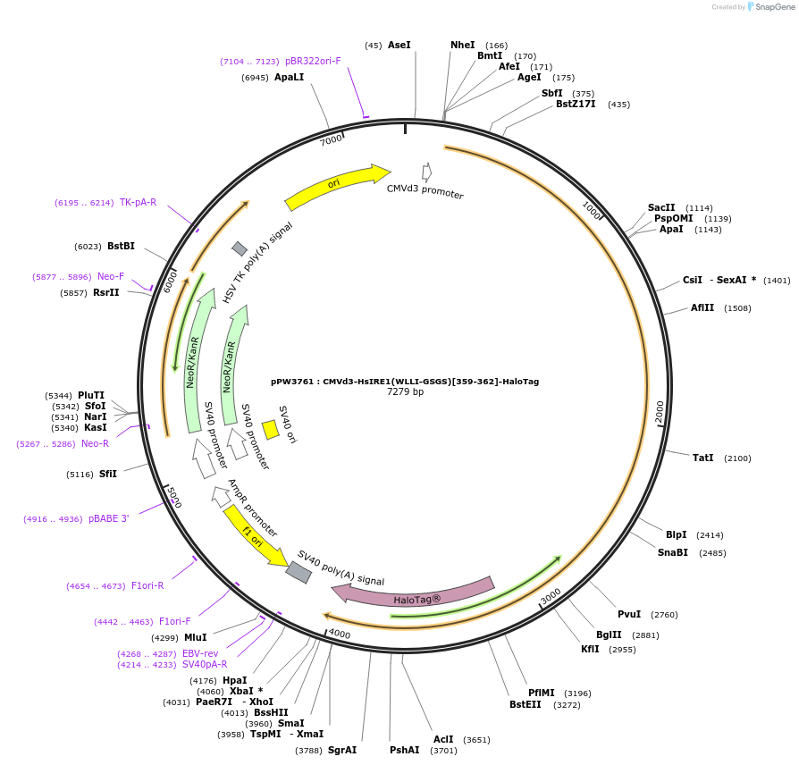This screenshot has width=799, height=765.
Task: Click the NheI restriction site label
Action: pos(463,45)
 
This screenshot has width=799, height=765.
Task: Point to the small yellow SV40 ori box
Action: pos(270,430)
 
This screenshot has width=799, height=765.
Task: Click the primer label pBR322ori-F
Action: pos(313,61)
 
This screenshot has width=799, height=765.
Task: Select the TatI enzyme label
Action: pos(703,458)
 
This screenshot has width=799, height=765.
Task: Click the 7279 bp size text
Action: pos(405,391)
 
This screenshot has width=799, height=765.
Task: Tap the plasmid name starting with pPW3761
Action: pos(405,381)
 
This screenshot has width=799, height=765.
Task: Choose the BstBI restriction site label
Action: pos(121,246)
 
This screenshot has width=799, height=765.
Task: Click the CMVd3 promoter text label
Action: pos(425,190)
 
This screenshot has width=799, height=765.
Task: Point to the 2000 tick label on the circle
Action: pos(660,412)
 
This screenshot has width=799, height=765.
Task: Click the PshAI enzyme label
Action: pos(404,750)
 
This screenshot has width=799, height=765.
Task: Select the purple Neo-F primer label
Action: pos(111,276)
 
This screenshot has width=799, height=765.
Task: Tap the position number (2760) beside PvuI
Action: pos(664,614)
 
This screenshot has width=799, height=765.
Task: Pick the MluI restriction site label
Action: pos(195,637)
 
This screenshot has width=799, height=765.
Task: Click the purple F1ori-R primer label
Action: pos(147,585)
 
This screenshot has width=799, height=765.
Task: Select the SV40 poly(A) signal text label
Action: pos(341,568)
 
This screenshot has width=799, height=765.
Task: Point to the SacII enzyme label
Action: pos(661,207)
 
